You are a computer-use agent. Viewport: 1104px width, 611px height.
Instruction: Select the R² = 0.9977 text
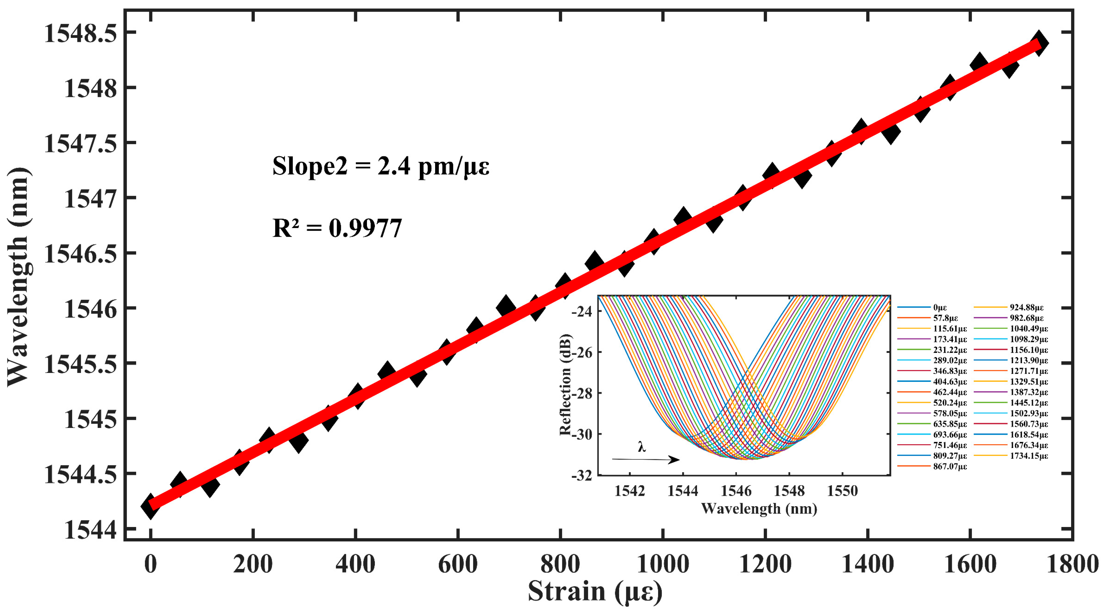click(337, 228)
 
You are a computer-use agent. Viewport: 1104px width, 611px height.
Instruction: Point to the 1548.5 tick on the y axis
click(80, 33)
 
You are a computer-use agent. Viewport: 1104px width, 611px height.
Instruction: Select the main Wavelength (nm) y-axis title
click(18, 277)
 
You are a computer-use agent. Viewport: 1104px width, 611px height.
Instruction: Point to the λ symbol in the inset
click(641, 447)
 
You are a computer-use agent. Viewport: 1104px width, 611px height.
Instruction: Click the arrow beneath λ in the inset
click(645, 460)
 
